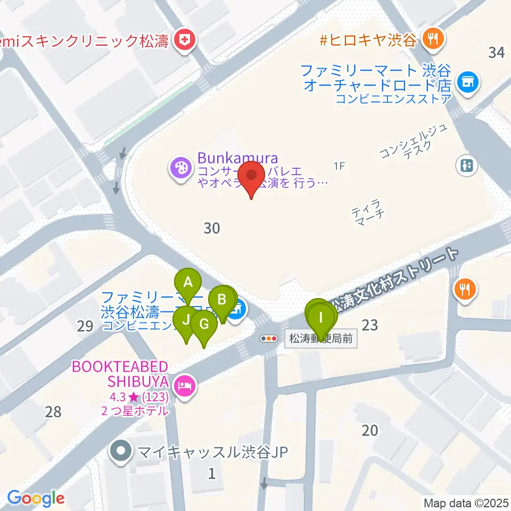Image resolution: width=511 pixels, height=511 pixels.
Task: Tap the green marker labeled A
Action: pyautogui.click(x=187, y=283)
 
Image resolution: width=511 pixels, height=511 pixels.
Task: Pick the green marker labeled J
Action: pyautogui.click(x=186, y=320)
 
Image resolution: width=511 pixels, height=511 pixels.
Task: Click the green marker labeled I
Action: pyautogui.click(x=320, y=317)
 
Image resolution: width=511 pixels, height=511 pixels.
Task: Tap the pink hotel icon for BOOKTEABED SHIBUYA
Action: pyautogui.click(x=184, y=383)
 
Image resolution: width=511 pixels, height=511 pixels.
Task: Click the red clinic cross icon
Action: pyautogui.click(x=184, y=40)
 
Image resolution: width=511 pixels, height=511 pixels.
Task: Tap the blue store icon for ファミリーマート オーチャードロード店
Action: pyautogui.click(x=467, y=82)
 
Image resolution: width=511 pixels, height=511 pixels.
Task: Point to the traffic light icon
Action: pyautogui.click(x=269, y=338)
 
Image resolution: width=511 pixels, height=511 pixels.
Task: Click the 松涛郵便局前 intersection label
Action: pyautogui.click(x=322, y=339)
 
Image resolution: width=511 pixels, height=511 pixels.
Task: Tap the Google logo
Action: pyautogui.click(x=36, y=498)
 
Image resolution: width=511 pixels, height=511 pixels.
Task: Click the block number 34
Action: pyautogui.click(x=496, y=52)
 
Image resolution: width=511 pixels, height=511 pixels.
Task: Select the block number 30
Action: pyautogui.click(x=212, y=228)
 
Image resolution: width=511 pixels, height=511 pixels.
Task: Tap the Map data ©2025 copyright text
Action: pyautogui.click(x=466, y=502)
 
